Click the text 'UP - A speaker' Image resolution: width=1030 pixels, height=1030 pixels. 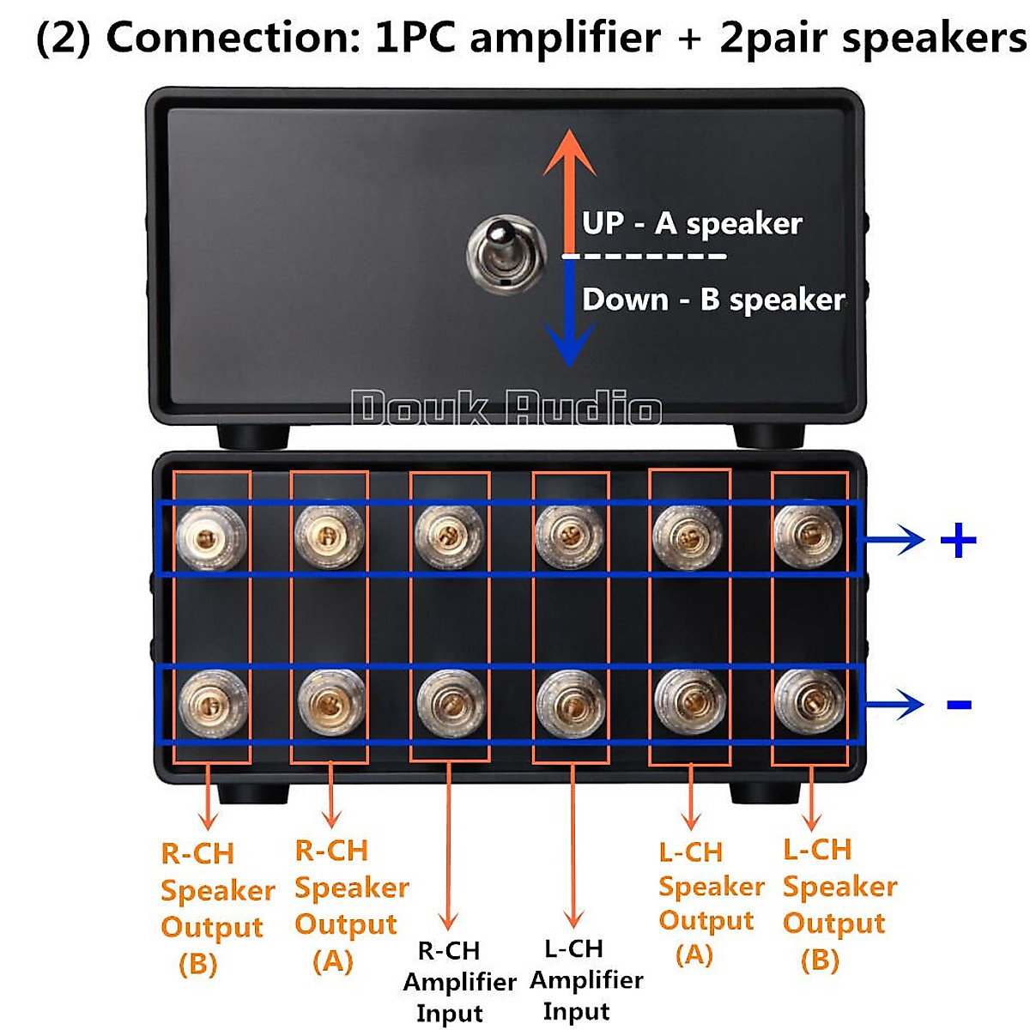click(x=692, y=224)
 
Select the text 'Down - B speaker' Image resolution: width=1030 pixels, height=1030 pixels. click(x=713, y=300)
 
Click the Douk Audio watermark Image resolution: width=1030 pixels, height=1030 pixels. click(x=506, y=408)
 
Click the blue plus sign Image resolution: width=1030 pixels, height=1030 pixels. click(x=958, y=541)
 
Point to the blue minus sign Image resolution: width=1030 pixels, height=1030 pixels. click(x=958, y=705)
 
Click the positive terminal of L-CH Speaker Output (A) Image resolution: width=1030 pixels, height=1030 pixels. click(x=688, y=537)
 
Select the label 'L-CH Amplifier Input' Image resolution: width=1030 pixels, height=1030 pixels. click(x=585, y=979)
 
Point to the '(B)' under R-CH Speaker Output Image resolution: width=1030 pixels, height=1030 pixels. click(x=197, y=964)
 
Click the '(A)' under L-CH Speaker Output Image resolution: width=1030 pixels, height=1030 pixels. click(x=694, y=954)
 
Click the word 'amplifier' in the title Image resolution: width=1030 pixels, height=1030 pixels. click(x=565, y=39)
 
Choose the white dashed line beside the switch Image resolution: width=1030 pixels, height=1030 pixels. click(x=644, y=256)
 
